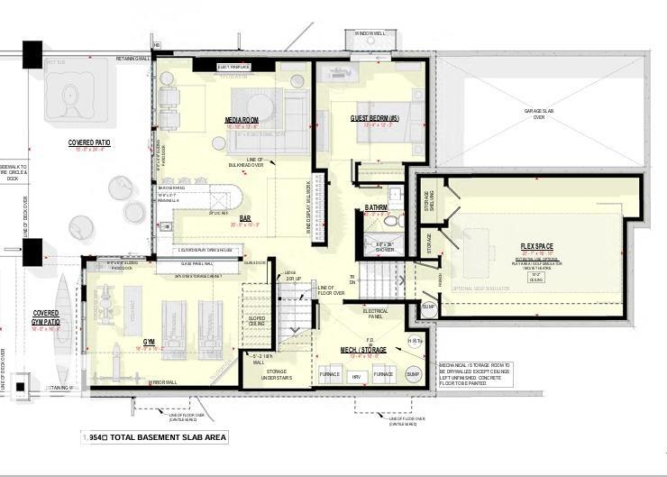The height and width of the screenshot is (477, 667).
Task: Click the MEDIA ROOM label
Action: coord(242,120)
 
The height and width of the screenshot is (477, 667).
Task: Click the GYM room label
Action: coord(149,341)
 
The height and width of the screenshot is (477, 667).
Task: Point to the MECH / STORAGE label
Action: coord(363,349)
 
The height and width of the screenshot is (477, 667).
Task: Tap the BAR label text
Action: coord(245,216)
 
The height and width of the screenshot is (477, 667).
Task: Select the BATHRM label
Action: coord(377,207)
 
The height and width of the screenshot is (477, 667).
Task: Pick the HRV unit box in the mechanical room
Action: coord(356,374)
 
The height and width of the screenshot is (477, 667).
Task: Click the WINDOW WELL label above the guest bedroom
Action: coord(370,33)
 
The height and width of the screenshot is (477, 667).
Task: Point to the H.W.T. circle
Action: coord(416,340)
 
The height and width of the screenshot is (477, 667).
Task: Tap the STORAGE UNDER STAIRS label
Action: coord(277,374)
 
